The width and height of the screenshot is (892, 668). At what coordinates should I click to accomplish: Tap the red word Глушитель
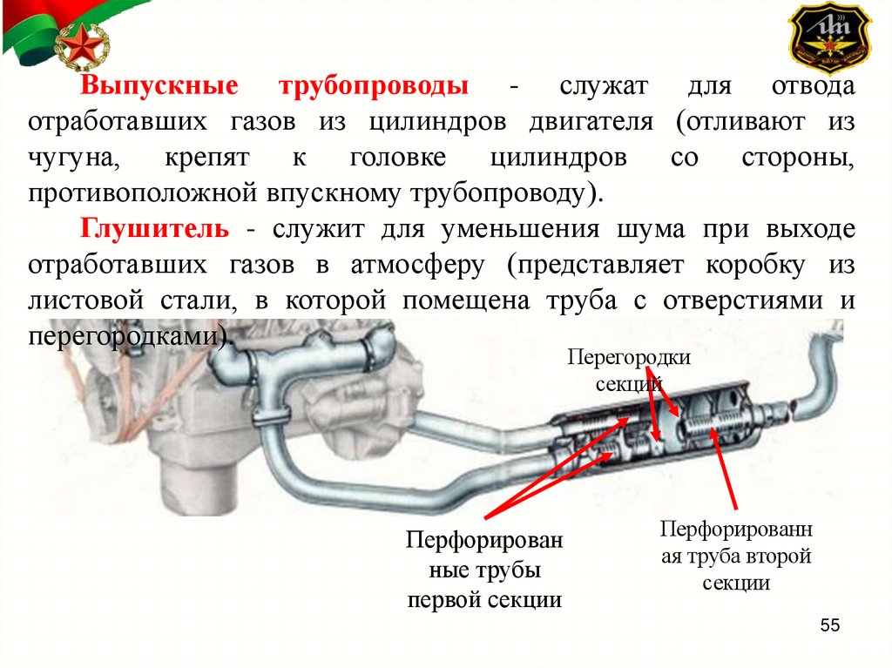tap(156, 229)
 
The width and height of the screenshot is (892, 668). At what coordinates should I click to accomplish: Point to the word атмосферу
tap(416, 265)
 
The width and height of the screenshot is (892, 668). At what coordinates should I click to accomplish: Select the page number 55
tap(828, 626)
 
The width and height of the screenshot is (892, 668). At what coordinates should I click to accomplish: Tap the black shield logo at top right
tap(828, 39)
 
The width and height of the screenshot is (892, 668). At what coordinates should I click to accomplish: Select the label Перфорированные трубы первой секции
tap(484, 570)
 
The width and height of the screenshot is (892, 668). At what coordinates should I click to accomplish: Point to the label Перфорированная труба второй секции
tap(736, 556)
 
